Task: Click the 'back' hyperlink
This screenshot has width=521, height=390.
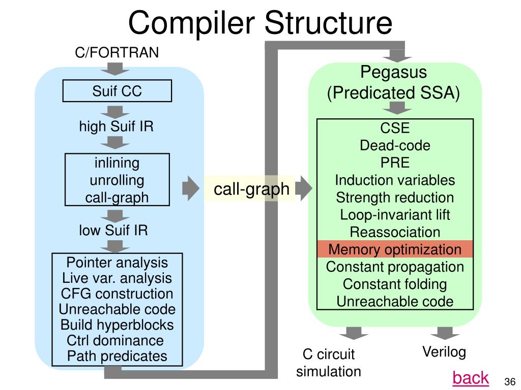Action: point(471,378)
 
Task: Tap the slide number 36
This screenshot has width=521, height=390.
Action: point(510,382)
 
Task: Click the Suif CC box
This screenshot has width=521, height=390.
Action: point(117,91)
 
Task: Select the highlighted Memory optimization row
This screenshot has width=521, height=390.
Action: point(395,250)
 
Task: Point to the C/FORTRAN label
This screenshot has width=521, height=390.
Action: point(117,52)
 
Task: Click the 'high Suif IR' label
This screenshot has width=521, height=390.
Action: point(116,126)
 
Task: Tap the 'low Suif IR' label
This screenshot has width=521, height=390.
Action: point(113,231)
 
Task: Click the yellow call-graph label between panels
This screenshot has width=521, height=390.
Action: point(251,189)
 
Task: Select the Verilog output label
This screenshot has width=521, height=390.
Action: point(444,352)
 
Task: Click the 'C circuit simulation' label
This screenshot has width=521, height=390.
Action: point(329,363)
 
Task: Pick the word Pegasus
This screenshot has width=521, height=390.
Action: point(393,72)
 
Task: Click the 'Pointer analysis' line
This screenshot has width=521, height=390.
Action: point(117,263)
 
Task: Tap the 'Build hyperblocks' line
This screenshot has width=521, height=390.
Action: point(117,325)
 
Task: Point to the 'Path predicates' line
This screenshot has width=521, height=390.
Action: point(117,356)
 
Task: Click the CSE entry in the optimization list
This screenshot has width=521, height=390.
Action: point(395,128)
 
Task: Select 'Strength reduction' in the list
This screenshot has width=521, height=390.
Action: point(395,198)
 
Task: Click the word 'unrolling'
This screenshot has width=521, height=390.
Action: point(117,180)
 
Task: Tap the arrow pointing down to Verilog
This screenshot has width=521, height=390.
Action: point(445,333)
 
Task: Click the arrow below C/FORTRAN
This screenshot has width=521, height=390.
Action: point(116,68)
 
